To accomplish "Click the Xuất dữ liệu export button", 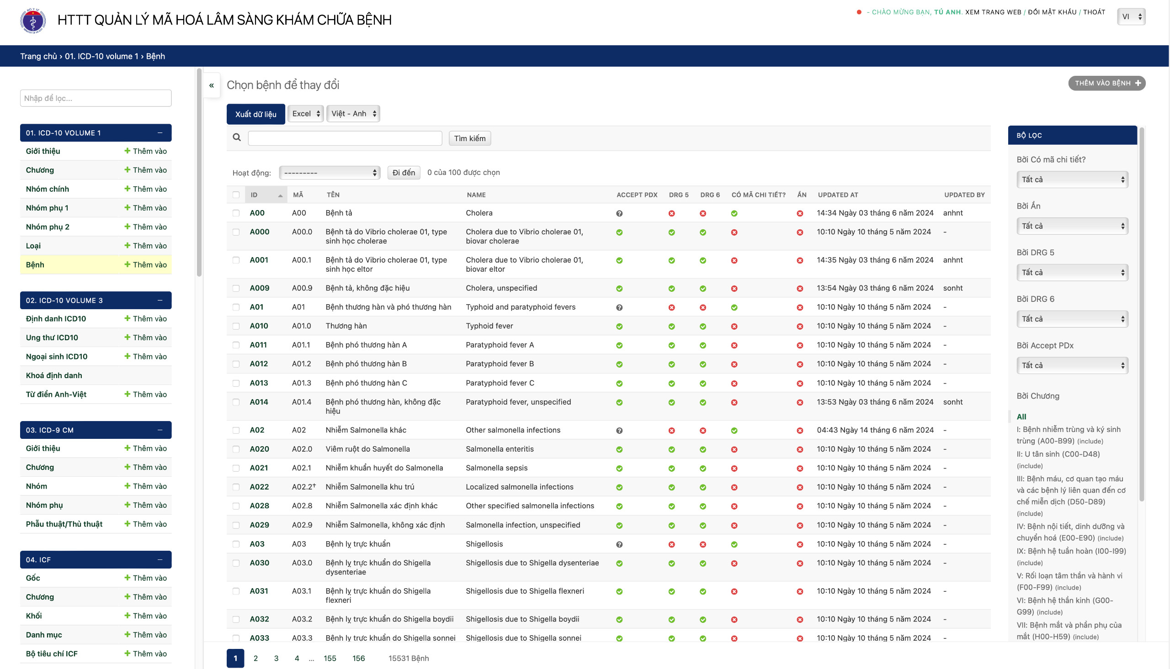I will pyautogui.click(x=255, y=114).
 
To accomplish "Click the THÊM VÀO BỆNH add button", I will pyautogui.click(x=1106, y=83).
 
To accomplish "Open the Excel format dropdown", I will pyautogui.click(x=306, y=114).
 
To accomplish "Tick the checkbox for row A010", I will pyautogui.click(x=236, y=326).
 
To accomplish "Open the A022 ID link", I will pyautogui.click(x=259, y=487).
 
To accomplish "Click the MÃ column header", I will pyautogui.click(x=298, y=195).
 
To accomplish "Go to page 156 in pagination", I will pyautogui.click(x=358, y=658).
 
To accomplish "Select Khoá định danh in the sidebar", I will pyautogui.click(x=54, y=375).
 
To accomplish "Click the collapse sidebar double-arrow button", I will pyautogui.click(x=212, y=85).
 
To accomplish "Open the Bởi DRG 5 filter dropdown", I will pyautogui.click(x=1072, y=273).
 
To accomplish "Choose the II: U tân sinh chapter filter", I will pyautogui.click(x=1058, y=454).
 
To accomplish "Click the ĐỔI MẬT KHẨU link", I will pyautogui.click(x=1052, y=12).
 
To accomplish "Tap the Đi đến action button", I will pyautogui.click(x=403, y=172).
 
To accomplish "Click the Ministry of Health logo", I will pyautogui.click(x=32, y=21).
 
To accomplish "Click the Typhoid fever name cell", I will pyautogui.click(x=489, y=326).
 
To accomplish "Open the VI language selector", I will pyautogui.click(x=1130, y=16).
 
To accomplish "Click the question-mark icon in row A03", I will pyautogui.click(x=619, y=544).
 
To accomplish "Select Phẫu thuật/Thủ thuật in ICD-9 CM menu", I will pyautogui.click(x=64, y=524).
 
